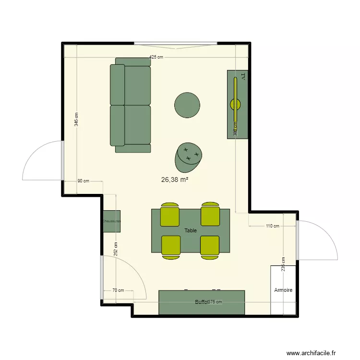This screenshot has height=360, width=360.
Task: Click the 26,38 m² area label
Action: [x=175, y=180]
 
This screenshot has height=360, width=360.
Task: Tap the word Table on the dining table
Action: [x=191, y=230]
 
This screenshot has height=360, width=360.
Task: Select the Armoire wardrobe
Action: [x=283, y=290]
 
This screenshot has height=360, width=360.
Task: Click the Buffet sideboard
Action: [x=202, y=302]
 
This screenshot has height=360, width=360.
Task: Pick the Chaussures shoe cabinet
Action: [x=111, y=221]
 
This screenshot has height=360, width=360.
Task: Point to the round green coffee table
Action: [x=187, y=105]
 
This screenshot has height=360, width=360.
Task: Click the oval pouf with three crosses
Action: [x=189, y=156]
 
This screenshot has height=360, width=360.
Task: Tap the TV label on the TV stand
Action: [x=242, y=76]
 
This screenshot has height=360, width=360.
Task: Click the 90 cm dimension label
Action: [x=83, y=181]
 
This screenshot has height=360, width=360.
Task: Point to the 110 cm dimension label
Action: [x=272, y=226]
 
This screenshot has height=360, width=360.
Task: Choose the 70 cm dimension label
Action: [x=118, y=290]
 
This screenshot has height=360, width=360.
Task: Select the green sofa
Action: [x=131, y=105]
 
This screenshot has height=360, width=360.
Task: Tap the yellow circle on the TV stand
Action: [x=236, y=103]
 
